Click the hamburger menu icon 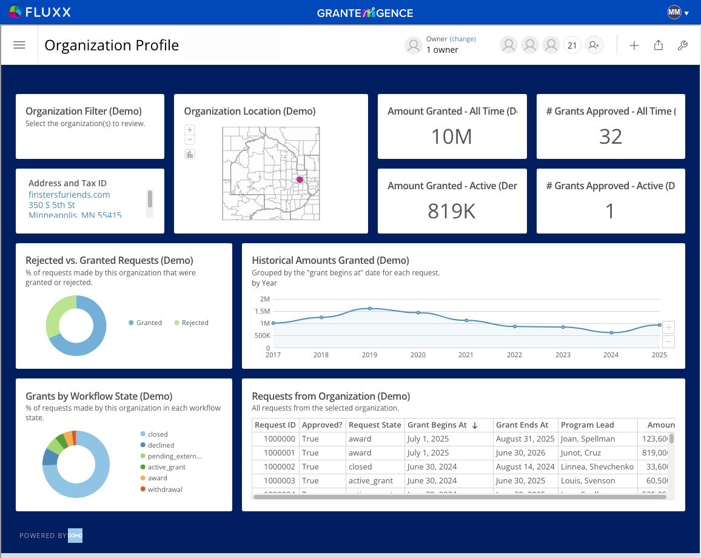pyautogui.click(x=19, y=45)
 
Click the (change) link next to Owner pyautogui.click(x=463, y=39)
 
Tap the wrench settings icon pyautogui.click(x=682, y=45)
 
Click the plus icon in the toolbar pyautogui.click(x=634, y=45)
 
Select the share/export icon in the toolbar pyautogui.click(x=658, y=45)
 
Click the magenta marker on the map pyautogui.click(x=300, y=180)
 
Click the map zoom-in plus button pyautogui.click(x=190, y=130)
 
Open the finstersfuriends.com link pyautogui.click(x=69, y=195)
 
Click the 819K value pyautogui.click(x=452, y=210)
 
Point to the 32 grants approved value pyautogui.click(x=610, y=136)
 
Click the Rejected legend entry pyautogui.click(x=195, y=323)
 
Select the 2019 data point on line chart pyautogui.click(x=370, y=308)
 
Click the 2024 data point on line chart pyautogui.click(x=611, y=332)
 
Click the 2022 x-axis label pyautogui.click(x=514, y=355)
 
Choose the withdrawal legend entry pyautogui.click(x=164, y=489)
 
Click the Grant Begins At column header pyautogui.click(x=437, y=425)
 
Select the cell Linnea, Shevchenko pyautogui.click(x=597, y=466)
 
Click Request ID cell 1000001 pyautogui.click(x=280, y=452)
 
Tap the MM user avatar pyautogui.click(x=674, y=12)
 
